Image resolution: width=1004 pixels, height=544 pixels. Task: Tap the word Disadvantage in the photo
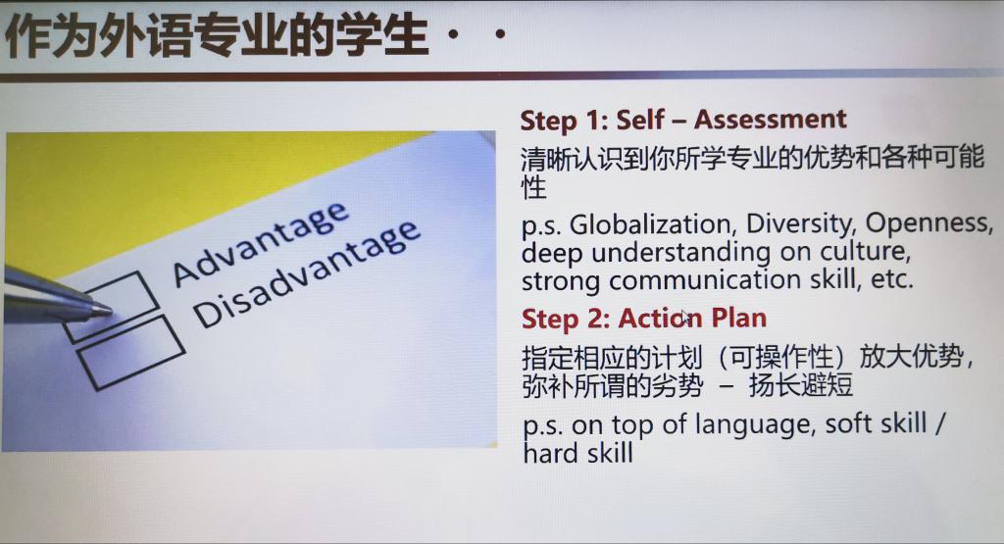point(307,274)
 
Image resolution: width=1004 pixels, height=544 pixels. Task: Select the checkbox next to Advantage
point(111,307)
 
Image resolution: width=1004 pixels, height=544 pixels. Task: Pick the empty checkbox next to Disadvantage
point(131,352)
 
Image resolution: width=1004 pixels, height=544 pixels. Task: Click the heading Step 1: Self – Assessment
point(683,121)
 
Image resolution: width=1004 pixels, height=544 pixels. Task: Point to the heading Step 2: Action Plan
point(643,319)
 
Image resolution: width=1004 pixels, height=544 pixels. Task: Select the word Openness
point(929,223)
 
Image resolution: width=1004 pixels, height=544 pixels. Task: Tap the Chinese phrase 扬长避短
point(800,385)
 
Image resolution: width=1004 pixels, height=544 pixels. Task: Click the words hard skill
point(577,453)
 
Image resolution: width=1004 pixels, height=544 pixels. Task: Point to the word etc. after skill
point(891,279)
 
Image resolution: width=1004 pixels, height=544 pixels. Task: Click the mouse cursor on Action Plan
point(684,317)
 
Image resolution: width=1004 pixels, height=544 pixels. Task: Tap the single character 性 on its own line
point(534,187)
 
